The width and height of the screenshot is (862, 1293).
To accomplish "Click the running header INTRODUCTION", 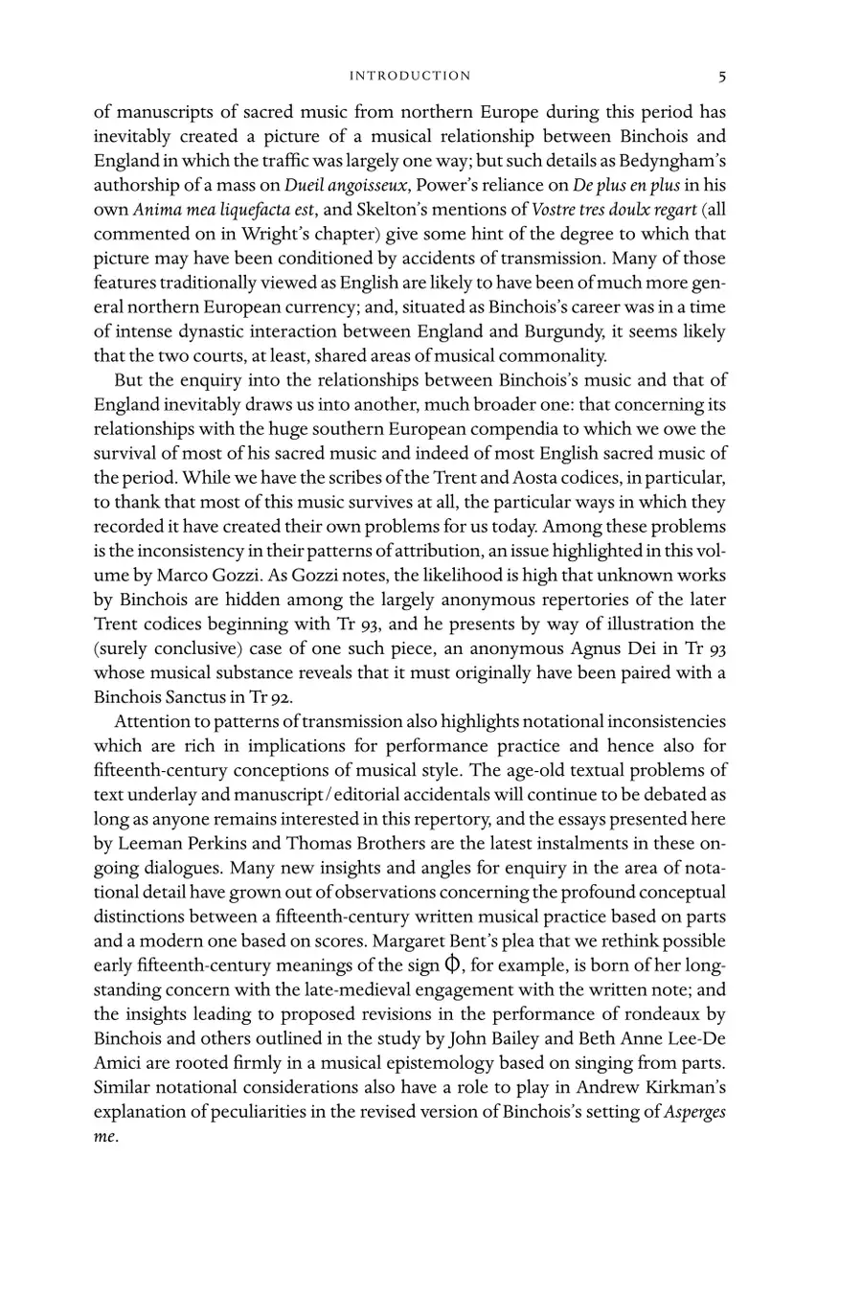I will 410,76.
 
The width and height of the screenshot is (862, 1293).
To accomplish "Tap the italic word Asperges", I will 695,1110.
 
